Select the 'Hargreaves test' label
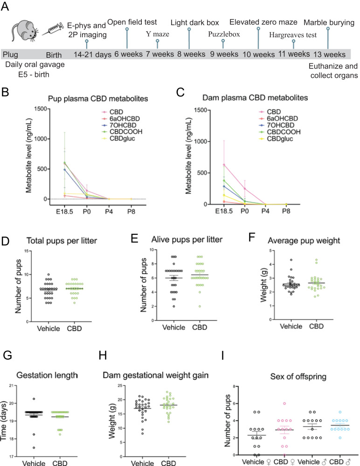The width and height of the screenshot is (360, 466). [x=293, y=34]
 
